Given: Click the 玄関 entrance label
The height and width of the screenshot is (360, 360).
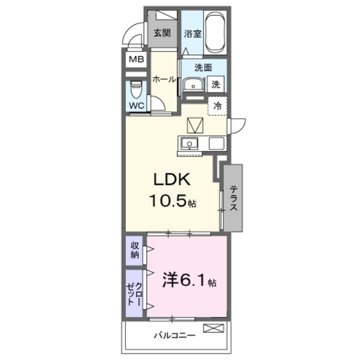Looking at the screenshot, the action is coord(162,33).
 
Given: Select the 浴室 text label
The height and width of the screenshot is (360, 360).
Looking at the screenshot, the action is coord(192,34).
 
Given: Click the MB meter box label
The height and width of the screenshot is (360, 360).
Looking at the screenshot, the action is coord(136,60).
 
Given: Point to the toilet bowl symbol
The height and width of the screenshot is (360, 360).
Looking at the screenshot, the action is coord(136,89).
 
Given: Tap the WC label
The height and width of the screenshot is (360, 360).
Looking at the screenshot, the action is coord(137,106).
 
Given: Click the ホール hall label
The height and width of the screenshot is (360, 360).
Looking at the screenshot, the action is coord(164,79).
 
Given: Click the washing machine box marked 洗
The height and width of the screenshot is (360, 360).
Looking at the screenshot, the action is coord(215,84).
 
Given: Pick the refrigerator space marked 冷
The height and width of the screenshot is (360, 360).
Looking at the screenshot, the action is coord(218,106).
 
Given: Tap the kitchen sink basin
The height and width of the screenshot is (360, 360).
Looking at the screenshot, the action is coord(190,144).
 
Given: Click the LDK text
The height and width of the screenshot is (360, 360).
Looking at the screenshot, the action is coord(172,179).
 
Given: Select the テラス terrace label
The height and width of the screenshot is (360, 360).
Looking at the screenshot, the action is coord(234,199).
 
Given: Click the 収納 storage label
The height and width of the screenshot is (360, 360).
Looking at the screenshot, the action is coord(135,250).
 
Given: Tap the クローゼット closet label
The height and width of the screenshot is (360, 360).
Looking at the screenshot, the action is coord(134,294).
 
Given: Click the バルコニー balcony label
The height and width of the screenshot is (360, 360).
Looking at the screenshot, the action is coord(174,335).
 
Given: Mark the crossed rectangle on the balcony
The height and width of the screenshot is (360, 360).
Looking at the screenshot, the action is coord(213,328).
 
